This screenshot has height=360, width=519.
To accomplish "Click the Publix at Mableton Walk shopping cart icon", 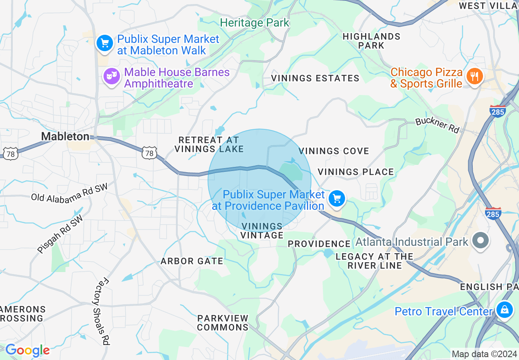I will (105, 43).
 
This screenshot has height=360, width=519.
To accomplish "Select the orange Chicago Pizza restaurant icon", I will (475, 76).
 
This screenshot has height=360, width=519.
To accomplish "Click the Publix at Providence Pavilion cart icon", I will (337, 199).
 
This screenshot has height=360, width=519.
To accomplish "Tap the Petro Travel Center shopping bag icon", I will (505, 309).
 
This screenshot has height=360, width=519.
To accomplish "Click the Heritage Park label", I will (255, 23).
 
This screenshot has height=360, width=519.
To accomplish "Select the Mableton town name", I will (65, 136).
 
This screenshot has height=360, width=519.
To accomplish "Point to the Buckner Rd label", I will (437, 125).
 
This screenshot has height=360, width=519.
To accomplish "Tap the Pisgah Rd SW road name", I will (60, 234).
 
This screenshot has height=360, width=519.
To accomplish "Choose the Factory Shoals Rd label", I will (100, 311).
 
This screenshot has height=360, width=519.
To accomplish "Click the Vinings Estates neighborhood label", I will (315, 78).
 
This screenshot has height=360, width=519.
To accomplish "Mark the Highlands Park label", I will (371, 41).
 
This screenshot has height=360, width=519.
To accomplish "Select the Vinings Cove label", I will (334, 151).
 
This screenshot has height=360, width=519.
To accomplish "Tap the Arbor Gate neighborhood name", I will (192, 261).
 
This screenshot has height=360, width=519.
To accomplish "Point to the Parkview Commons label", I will (223, 323).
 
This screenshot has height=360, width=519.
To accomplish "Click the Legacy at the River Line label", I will (375, 261).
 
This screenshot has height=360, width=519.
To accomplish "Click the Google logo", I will (27, 351).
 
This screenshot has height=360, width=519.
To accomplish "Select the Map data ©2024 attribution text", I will (484, 354).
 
